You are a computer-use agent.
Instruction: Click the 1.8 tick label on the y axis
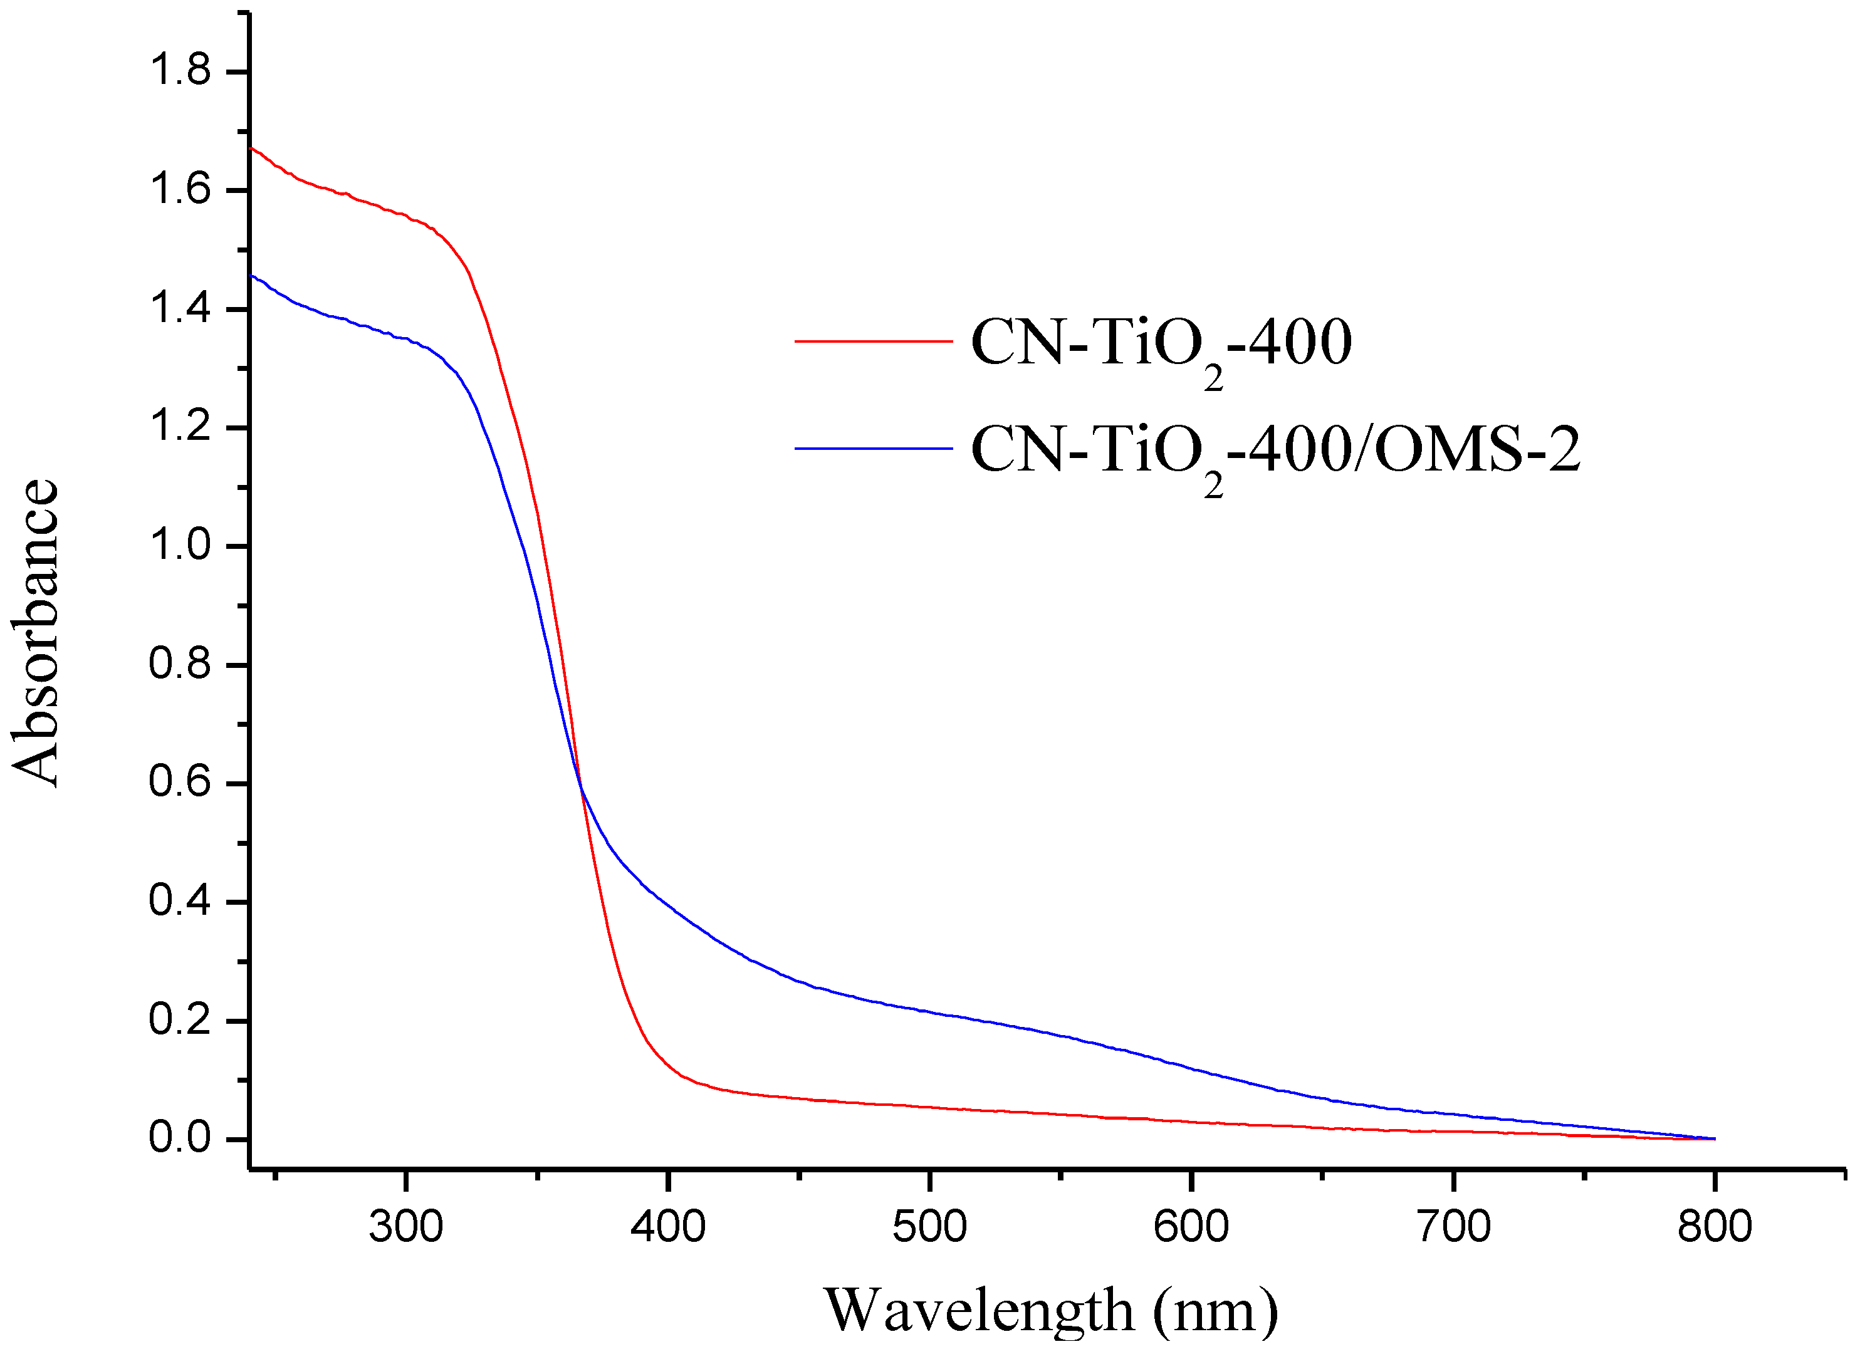point(180,71)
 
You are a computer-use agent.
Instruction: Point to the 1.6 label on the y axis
point(180,190)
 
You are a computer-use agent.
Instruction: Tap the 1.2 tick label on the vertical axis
point(180,427)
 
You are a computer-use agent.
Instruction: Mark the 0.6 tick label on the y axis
point(180,783)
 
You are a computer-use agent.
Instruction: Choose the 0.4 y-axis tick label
point(180,901)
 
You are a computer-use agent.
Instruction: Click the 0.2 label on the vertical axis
point(180,1020)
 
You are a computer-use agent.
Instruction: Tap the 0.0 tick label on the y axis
point(180,1138)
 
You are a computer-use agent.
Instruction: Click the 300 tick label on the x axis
point(406,1227)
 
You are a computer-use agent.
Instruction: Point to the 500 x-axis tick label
point(929,1227)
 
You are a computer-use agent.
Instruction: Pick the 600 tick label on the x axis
point(1191,1227)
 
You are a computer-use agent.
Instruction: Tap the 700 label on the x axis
point(1453,1227)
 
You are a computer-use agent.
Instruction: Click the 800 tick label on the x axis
point(1714,1227)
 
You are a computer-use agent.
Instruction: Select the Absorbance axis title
point(36,633)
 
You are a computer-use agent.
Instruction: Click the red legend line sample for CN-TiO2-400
point(874,340)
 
